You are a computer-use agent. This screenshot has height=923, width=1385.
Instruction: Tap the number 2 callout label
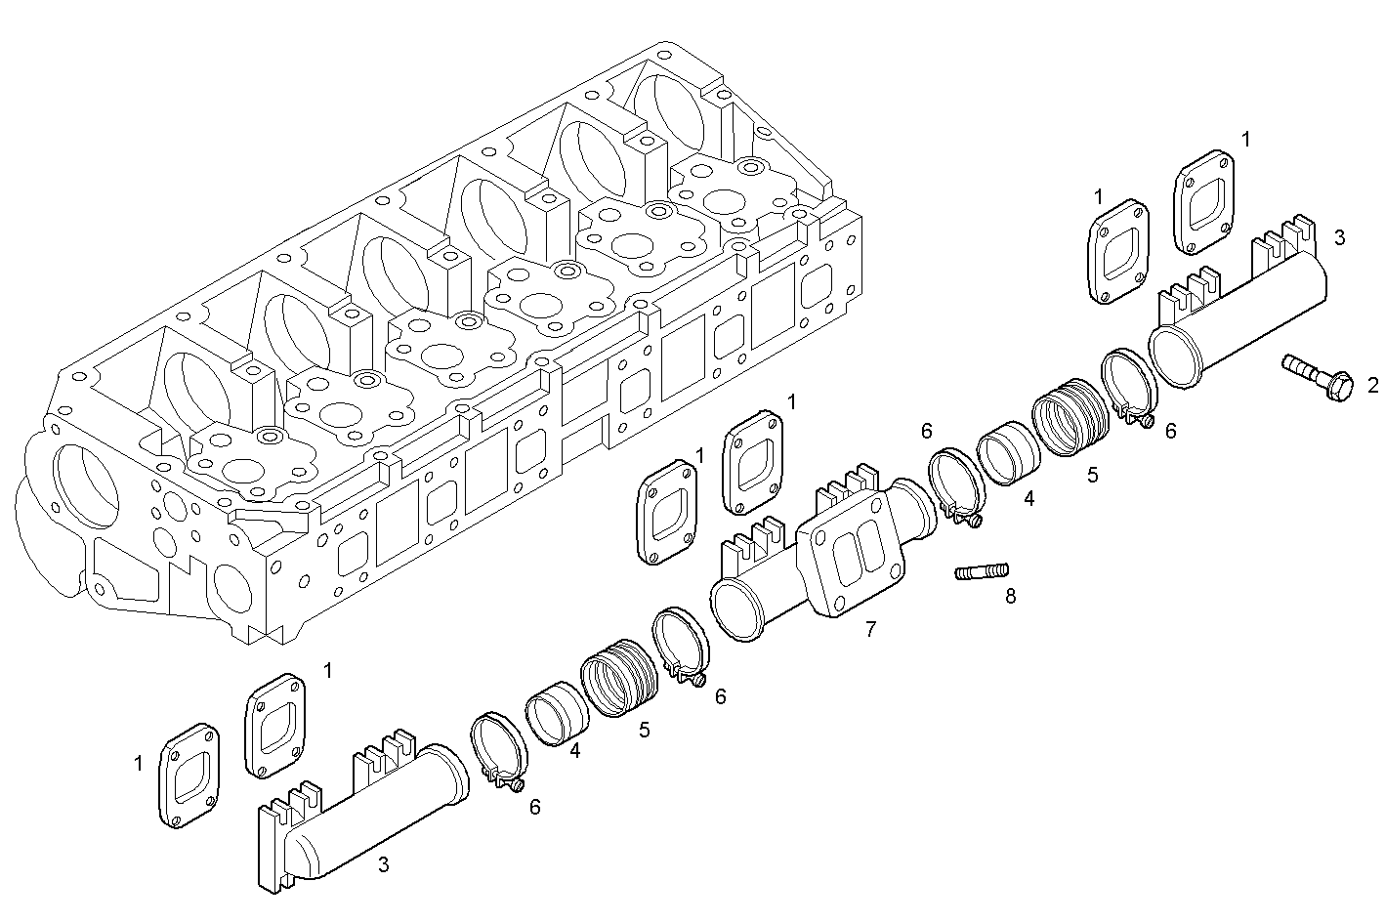click(1372, 385)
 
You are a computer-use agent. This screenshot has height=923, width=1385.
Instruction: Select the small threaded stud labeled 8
click(982, 570)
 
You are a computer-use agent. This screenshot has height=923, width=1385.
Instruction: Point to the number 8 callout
click(1010, 596)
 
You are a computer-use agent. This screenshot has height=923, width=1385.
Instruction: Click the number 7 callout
click(869, 629)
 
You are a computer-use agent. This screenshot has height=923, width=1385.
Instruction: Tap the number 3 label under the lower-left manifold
click(383, 863)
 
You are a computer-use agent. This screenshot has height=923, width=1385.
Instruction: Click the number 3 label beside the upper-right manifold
click(1339, 236)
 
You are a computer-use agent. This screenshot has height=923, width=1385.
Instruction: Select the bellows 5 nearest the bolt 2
click(1072, 416)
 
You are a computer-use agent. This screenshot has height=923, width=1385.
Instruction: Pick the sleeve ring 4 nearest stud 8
click(1007, 453)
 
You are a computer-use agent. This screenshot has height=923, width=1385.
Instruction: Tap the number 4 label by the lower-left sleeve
click(575, 751)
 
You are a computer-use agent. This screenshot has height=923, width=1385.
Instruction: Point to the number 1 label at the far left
click(138, 762)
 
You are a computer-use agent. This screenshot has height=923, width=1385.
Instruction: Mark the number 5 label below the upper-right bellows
click(1092, 475)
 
